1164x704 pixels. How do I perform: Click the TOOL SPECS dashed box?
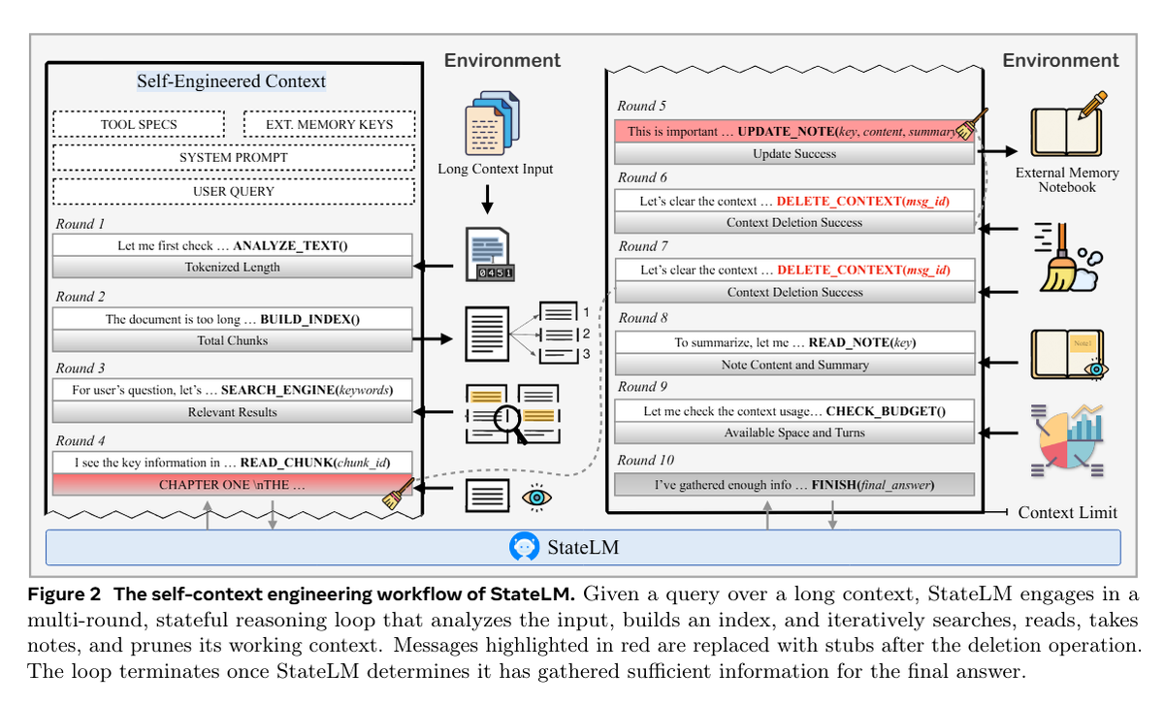click(139, 125)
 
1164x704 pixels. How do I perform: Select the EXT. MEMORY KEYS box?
click(329, 125)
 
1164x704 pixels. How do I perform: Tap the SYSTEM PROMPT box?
click(234, 157)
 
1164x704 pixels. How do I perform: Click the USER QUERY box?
click(234, 191)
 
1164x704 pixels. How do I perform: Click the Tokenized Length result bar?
click(233, 267)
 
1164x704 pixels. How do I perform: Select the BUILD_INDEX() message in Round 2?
click(233, 319)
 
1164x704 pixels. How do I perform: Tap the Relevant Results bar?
click(233, 412)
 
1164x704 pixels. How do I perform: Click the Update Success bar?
click(794, 154)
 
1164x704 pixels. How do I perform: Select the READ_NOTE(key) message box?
click(794, 342)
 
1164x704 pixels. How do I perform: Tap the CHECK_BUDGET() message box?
click(794, 411)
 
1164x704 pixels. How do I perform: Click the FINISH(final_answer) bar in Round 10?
click(794, 484)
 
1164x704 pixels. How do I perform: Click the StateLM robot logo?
click(524, 548)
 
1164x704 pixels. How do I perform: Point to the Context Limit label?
click(1067, 512)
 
